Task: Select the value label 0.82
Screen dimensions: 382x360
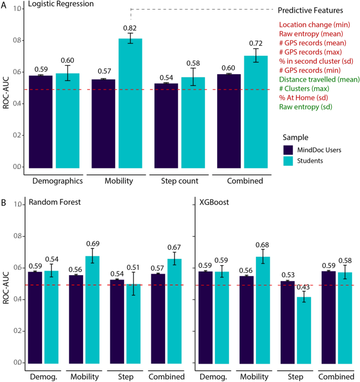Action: [130, 27]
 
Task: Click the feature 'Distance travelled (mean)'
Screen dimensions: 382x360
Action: [319, 79]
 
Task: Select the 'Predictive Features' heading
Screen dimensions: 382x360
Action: [310, 10]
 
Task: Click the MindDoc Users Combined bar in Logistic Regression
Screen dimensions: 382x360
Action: [225, 122]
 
